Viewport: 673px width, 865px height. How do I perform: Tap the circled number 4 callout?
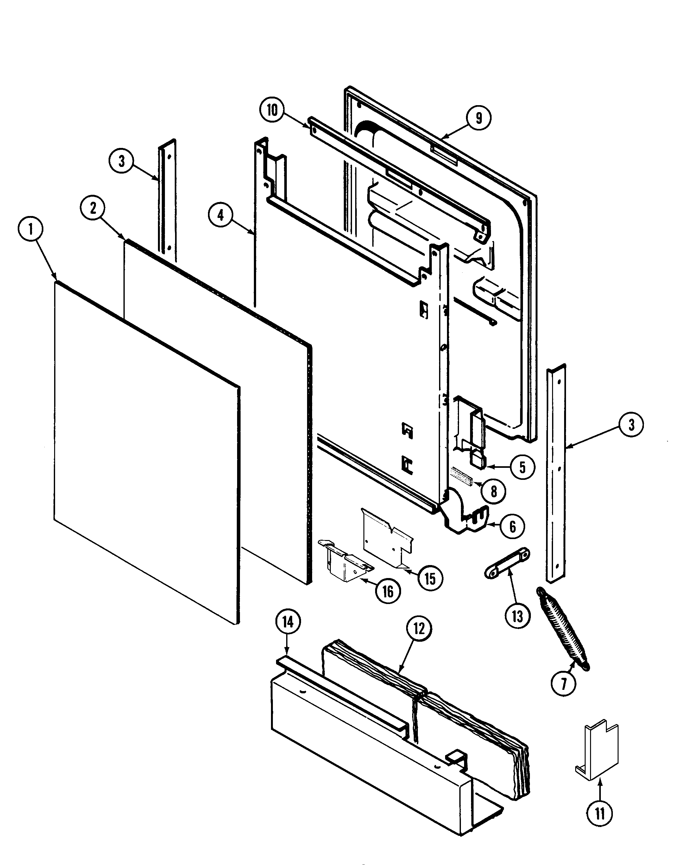click(x=221, y=215)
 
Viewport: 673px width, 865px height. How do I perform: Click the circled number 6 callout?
click(x=512, y=526)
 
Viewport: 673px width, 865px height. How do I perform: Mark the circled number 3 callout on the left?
click(x=121, y=161)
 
